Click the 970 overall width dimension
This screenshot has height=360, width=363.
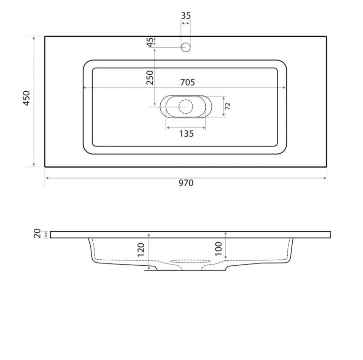click(x=186, y=183)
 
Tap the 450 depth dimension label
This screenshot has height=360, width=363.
click(x=26, y=98)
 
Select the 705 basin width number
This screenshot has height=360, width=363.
click(x=188, y=82)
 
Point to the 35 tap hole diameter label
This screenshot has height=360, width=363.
click(x=186, y=16)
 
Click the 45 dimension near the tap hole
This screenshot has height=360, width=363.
click(x=150, y=42)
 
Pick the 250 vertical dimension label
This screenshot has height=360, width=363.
click(x=150, y=78)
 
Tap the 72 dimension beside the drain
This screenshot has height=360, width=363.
click(x=228, y=106)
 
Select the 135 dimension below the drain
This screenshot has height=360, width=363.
click(x=186, y=134)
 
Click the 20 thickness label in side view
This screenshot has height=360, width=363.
click(x=37, y=234)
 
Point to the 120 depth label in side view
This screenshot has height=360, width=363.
click(x=141, y=250)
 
